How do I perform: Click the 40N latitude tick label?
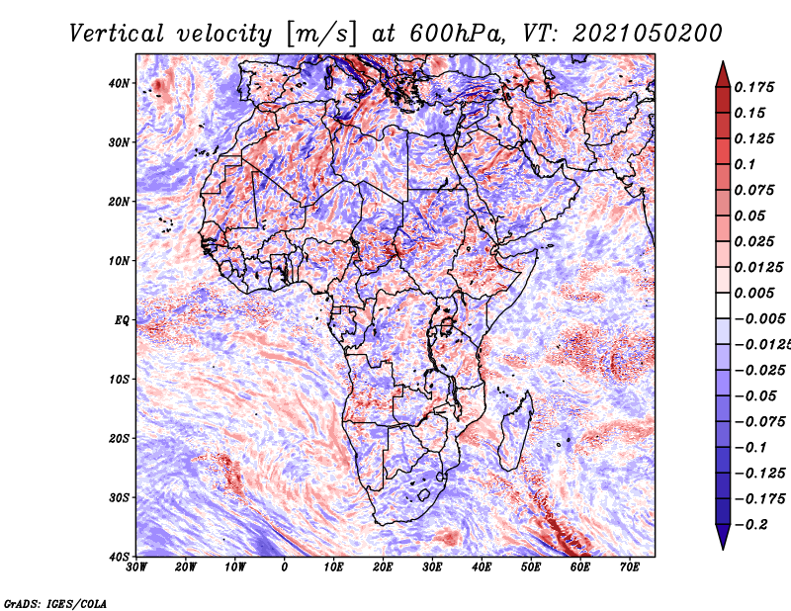click(x=118, y=83)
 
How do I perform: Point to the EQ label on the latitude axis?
click(x=122, y=320)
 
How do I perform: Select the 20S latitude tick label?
click(x=118, y=438)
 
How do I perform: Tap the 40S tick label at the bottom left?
click(x=118, y=557)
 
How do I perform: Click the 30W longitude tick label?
click(x=136, y=567)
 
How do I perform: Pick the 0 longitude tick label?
click(x=285, y=567)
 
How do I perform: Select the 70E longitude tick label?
click(x=629, y=567)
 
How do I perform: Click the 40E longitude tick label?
click(x=482, y=567)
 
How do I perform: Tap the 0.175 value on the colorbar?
click(x=753, y=88)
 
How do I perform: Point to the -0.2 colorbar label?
click(x=750, y=525)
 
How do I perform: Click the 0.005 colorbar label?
click(x=753, y=293)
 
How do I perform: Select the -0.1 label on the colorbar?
click(x=750, y=448)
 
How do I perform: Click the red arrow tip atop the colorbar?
click(x=723, y=62)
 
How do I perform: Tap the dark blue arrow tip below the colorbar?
click(x=723, y=549)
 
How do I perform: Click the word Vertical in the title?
click(x=117, y=34)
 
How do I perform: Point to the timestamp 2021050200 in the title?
click(x=648, y=34)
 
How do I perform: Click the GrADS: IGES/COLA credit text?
click(x=55, y=603)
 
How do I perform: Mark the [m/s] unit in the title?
click(x=321, y=35)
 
